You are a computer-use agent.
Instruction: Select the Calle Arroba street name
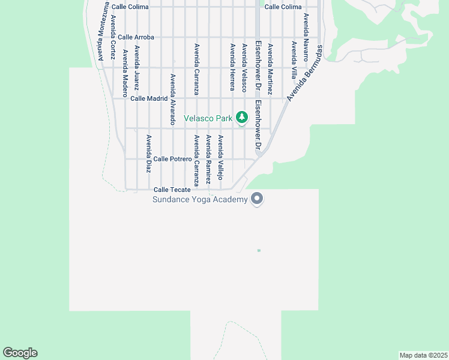pyautogui.click(x=136, y=37)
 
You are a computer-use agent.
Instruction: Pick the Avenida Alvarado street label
pyautogui.click(x=172, y=99)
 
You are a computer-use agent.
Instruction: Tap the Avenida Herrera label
pyautogui.click(x=232, y=67)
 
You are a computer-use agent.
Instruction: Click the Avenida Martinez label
pyautogui.click(x=270, y=69)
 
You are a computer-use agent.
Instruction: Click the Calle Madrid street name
pyautogui.click(x=149, y=98)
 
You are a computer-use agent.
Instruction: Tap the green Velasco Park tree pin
pyautogui.click(x=242, y=117)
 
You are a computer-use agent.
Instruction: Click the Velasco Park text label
pyautogui.click(x=208, y=119)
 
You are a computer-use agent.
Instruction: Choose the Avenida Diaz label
pyautogui.click(x=148, y=154)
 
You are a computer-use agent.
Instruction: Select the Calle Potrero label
pyautogui.click(x=172, y=159)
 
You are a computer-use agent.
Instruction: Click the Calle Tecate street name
pyautogui.click(x=172, y=189)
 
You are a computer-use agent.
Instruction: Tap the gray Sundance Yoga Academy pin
pyautogui.click(x=257, y=198)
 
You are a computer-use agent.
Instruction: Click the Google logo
pyautogui.click(x=20, y=353)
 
